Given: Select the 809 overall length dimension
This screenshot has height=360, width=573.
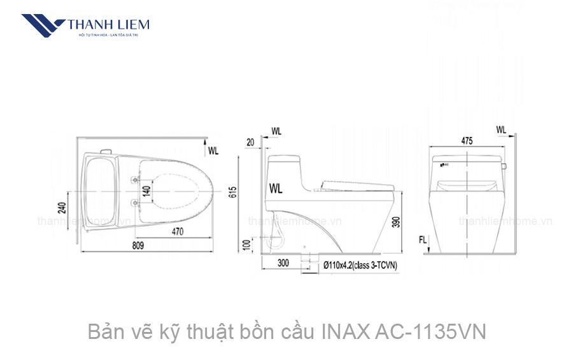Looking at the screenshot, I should point(138,245).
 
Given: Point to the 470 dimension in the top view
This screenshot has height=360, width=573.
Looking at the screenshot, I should point(178,233).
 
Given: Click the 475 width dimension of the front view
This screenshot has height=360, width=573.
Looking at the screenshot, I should point(467,142).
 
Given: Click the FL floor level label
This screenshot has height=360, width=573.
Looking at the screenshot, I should point(423,240).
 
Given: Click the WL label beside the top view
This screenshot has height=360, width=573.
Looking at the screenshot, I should point(213,151).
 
